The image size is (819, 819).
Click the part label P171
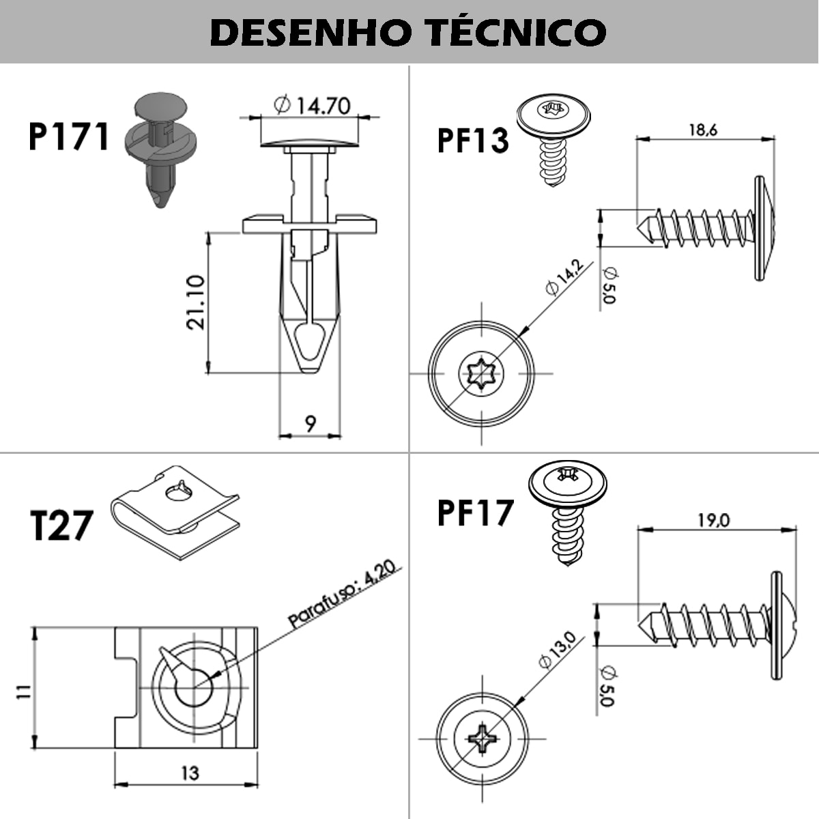pyautogui.click(x=69, y=136)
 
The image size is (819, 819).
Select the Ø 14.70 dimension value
pyautogui.click(x=312, y=105)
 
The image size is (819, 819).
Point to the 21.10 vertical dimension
pyautogui.click(x=196, y=302)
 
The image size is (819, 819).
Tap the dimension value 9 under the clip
pyautogui.click(x=311, y=424)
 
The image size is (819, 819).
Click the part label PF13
pyautogui.click(x=473, y=140)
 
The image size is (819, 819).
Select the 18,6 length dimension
pyautogui.click(x=702, y=130)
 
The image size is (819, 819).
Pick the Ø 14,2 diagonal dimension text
pyautogui.click(x=564, y=277)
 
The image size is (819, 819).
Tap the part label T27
pyautogui.click(x=61, y=526)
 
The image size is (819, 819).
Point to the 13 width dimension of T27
pyautogui.click(x=190, y=773)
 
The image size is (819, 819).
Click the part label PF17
pyautogui.click(x=475, y=513)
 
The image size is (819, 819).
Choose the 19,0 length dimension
pyautogui.click(x=713, y=520)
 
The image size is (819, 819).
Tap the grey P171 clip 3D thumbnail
pyautogui.click(x=161, y=147)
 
